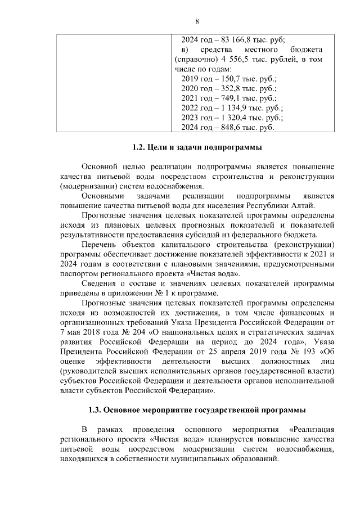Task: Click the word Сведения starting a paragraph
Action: tap(100, 284)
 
